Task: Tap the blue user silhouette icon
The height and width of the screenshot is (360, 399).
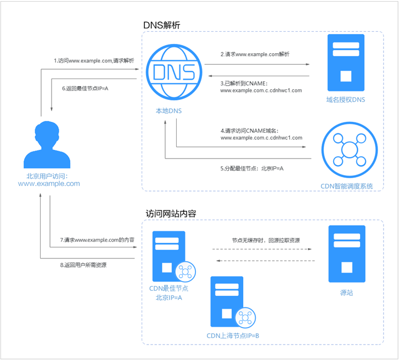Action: click(x=47, y=145)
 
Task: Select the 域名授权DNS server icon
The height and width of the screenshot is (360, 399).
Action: click(x=345, y=63)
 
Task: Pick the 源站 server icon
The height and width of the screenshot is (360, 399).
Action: click(x=346, y=252)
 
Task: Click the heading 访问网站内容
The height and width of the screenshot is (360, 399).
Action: click(x=171, y=213)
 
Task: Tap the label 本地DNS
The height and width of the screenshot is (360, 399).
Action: click(x=169, y=111)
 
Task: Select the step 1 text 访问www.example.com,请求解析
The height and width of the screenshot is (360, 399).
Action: click(x=94, y=60)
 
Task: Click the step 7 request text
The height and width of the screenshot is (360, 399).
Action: click(x=97, y=240)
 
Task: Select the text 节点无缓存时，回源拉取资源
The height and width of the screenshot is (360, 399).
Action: click(x=266, y=240)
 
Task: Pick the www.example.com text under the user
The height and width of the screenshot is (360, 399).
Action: click(x=49, y=184)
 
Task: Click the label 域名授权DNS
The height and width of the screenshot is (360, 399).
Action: click(x=345, y=100)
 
